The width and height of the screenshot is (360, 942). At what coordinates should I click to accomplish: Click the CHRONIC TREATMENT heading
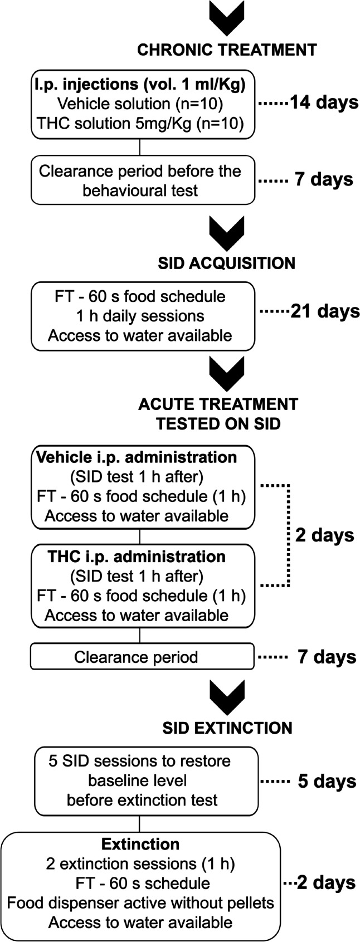[227, 50]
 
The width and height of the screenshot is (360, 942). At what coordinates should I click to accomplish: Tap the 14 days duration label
[323, 103]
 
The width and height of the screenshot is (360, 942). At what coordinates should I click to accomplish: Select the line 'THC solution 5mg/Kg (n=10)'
[140, 124]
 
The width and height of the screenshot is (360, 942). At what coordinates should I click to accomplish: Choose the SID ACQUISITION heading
[227, 262]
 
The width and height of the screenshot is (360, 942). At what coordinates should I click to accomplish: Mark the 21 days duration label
[325, 311]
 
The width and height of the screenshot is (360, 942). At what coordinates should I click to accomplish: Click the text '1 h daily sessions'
[140, 316]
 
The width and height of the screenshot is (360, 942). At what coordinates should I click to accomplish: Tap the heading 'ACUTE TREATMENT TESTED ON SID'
[218, 413]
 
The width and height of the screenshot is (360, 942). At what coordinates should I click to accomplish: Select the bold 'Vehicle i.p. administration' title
[137, 457]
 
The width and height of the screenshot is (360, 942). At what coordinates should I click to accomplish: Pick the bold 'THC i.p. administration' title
[137, 557]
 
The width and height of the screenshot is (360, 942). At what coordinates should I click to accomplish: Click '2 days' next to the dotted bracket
[325, 535]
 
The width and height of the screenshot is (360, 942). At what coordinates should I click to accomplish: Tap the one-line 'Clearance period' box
[136, 657]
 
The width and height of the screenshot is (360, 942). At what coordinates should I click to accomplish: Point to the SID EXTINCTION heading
[227, 728]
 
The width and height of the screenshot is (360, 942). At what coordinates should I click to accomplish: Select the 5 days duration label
[327, 781]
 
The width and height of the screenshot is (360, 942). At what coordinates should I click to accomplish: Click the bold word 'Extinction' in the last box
[140, 844]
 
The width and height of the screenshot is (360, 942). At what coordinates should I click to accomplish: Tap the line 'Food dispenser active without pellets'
[140, 902]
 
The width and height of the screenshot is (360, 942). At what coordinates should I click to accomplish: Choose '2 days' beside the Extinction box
[326, 883]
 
